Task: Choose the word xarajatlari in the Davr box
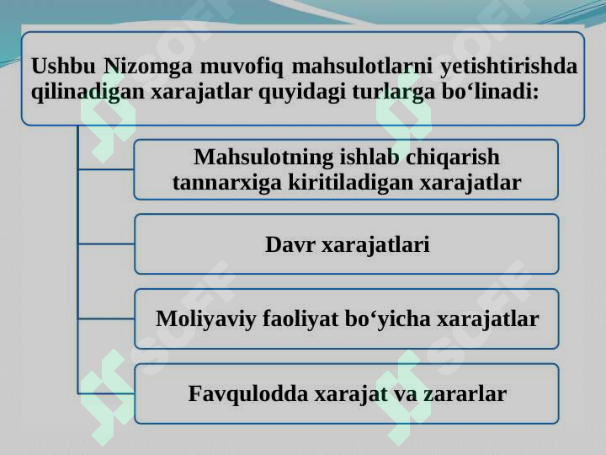tap(375, 245)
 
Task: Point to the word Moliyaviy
tap(206, 319)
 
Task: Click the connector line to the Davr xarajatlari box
tap(106, 244)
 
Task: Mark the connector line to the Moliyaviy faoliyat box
tap(106, 318)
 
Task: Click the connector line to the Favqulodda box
tap(106, 393)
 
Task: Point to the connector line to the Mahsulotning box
tap(106, 169)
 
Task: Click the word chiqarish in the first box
tap(458, 158)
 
